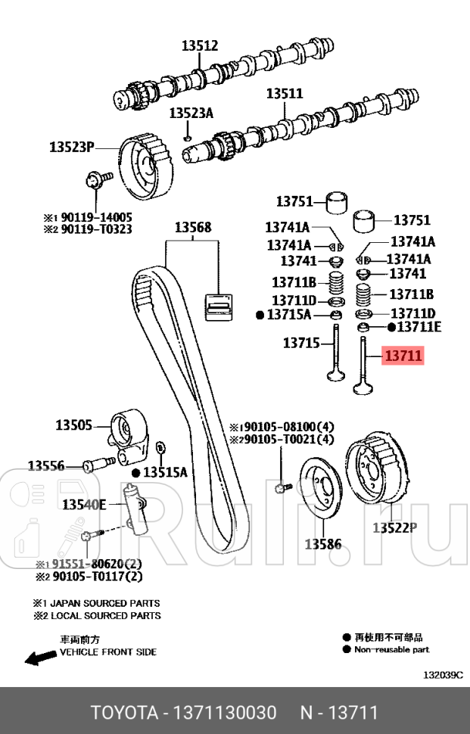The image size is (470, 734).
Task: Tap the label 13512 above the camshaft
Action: [199, 46]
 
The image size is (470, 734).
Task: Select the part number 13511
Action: [284, 94]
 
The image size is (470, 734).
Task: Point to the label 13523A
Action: [191, 114]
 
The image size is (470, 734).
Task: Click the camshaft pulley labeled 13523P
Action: [145, 166]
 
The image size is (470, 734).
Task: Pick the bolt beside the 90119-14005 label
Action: [97, 180]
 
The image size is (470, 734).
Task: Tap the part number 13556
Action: [46, 466]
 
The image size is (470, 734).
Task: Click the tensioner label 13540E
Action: [83, 504]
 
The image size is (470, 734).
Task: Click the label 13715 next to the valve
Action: [301, 343]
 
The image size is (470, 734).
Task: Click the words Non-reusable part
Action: [392, 649]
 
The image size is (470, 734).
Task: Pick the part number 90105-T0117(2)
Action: [94, 577]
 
